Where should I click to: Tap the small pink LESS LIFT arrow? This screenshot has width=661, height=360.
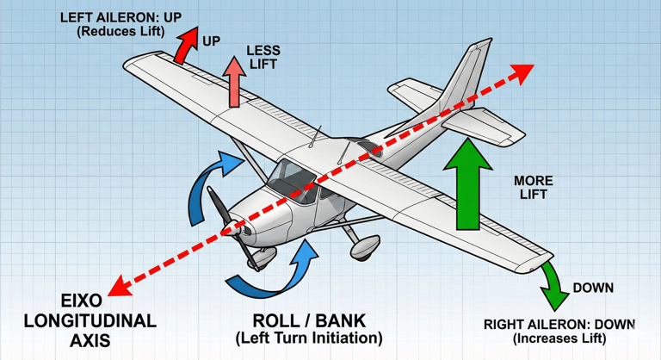click(232, 82)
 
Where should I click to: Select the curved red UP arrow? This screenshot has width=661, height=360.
click(182, 47)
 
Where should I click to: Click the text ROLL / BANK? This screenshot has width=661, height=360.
click(308, 318)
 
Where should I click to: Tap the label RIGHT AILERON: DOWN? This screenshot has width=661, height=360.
click(559, 325)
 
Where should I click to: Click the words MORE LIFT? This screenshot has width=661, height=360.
click(534, 188)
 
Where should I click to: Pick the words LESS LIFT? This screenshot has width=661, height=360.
click(263, 57)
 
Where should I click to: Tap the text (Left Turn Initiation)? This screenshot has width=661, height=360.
click(308, 338)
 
